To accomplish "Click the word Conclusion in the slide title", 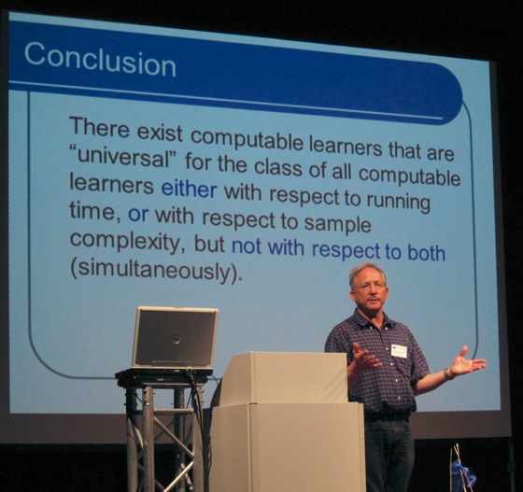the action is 100,60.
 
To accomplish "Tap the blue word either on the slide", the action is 189,190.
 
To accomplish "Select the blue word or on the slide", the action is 138,214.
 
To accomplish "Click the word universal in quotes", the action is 126,157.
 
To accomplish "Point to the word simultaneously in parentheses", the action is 155,272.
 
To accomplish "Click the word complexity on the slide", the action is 128,242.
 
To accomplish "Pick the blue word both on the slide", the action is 427,252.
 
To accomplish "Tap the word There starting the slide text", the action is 99,127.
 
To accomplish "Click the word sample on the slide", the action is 337,224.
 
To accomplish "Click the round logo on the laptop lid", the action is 176,339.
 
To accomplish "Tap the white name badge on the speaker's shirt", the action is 399,351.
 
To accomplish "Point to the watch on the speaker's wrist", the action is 447,374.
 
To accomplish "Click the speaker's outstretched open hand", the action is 467,362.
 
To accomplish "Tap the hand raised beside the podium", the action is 365,356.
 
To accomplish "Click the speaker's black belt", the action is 387,416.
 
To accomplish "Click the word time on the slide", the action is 92,211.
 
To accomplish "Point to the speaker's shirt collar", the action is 371,318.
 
